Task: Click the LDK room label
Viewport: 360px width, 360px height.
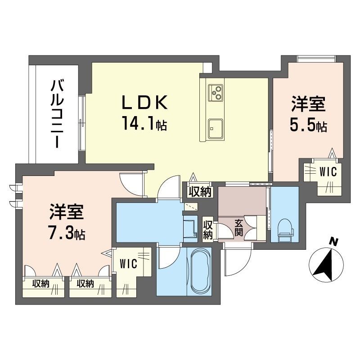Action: tap(144, 102)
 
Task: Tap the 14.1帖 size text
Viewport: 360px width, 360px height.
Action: tap(144, 123)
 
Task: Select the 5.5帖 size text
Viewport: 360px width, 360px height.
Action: tap(308, 126)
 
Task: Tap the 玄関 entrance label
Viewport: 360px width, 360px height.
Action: tap(239, 228)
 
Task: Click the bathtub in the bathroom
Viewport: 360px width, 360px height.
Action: tap(199, 271)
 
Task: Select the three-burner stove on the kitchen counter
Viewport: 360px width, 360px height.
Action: tap(216, 93)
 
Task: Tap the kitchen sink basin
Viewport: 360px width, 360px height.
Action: tap(216, 129)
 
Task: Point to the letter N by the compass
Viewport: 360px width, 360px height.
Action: tap(333, 242)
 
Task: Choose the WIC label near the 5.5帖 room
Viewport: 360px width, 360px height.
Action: tap(328, 172)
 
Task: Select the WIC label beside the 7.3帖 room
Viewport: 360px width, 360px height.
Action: tap(128, 264)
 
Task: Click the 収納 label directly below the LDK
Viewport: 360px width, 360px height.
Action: tap(200, 192)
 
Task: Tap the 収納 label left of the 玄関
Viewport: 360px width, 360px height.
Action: tap(207, 230)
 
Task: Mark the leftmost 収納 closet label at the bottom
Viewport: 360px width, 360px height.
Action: tap(40, 284)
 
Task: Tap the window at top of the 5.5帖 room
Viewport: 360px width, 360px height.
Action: tap(316, 58)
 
